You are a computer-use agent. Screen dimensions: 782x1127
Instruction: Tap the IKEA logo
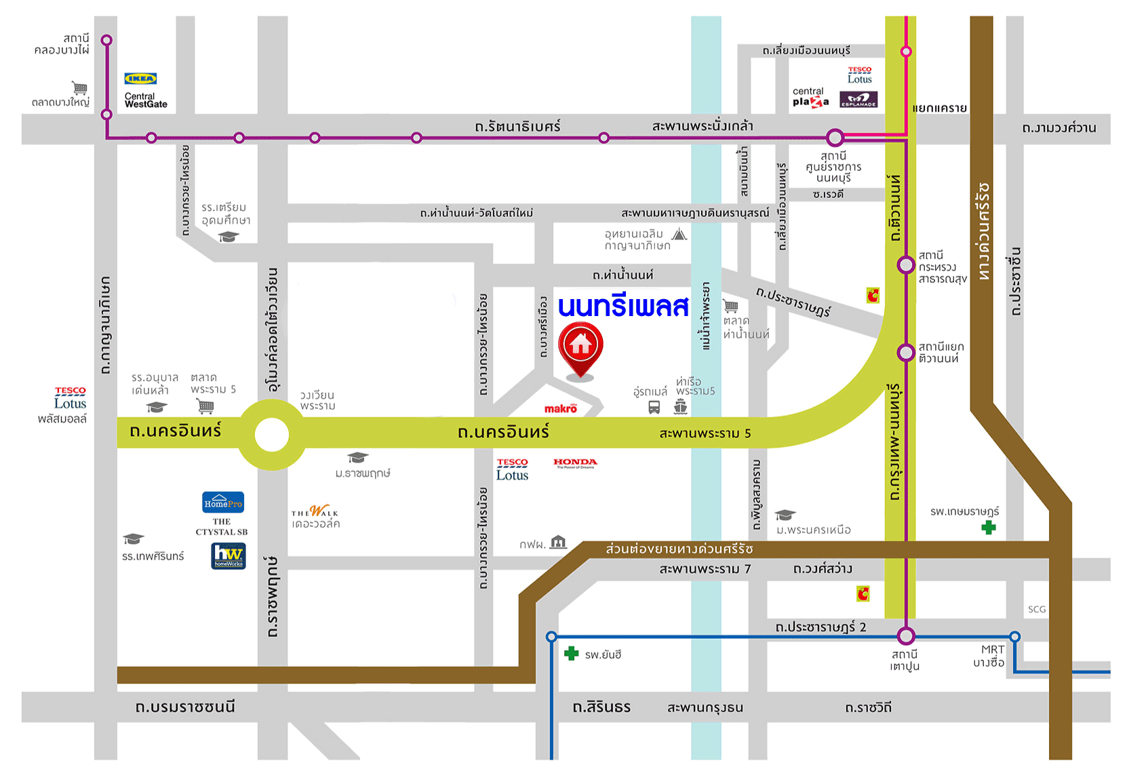coord(140,79)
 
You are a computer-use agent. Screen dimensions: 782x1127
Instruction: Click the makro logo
coord(561,408)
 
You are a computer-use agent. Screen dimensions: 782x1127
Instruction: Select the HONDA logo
coord(575,463)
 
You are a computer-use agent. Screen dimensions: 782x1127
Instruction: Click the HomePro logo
coord(223,503)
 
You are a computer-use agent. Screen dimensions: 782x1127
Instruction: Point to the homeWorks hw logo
coord(229,555)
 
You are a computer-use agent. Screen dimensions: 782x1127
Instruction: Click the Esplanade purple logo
coord(858,100)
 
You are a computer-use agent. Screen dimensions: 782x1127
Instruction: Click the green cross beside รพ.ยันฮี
coord(572,653)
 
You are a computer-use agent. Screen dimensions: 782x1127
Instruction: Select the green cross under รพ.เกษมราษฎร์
coord(989,527)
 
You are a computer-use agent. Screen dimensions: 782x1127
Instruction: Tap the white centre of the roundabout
coord(272,435)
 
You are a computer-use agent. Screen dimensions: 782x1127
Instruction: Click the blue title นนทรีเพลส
coord(623,307)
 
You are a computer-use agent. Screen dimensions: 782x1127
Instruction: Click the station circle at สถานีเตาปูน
coord(906,636)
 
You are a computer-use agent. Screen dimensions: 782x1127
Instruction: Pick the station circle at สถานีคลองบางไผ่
coord(106,40)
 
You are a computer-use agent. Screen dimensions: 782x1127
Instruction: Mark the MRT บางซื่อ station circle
coord(1014,636)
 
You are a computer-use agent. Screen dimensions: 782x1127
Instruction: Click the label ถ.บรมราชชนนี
coord(185,707)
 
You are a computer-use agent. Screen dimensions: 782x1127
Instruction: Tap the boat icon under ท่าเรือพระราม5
coord(681,406)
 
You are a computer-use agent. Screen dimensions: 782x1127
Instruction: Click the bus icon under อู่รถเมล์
coord(654,407)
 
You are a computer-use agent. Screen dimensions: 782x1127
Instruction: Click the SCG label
coord(1036,609)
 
